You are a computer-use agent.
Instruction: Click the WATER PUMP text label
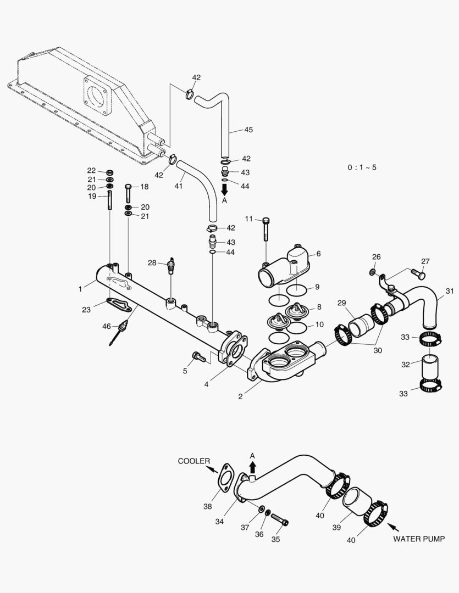tap(418, 539)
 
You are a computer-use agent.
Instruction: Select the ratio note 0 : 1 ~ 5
tap(362, 167)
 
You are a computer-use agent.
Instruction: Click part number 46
tap(106, 326)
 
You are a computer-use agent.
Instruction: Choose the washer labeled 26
tap(373, 272)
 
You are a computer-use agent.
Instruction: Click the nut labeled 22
tap(109, 171)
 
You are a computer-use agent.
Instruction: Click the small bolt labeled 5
tap(198, 357)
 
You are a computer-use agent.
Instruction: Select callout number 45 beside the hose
tap(248, 130)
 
